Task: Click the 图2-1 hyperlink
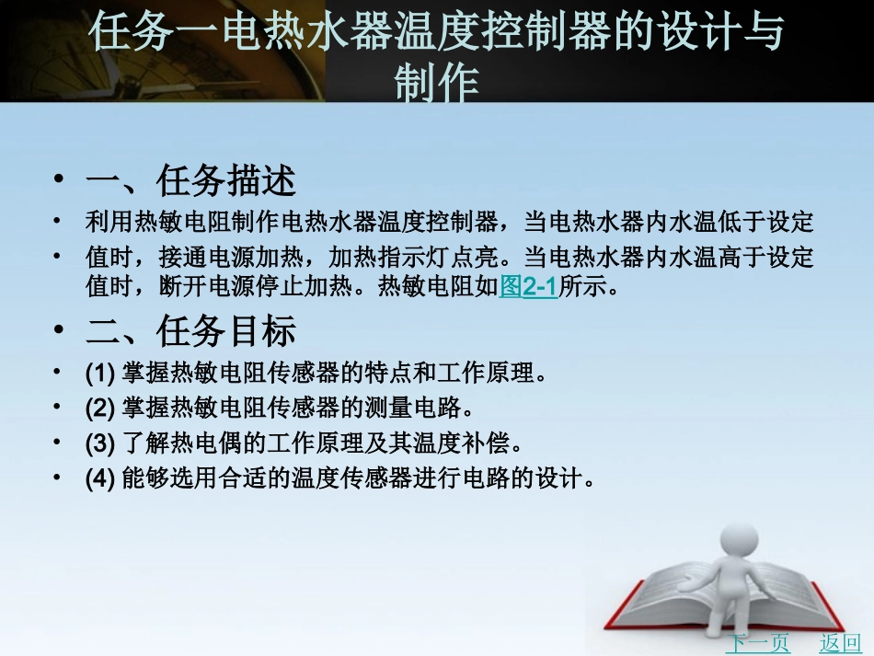[529, 288]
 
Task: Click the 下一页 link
[757, 643]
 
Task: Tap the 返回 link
[840, 643]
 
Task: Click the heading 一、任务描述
[190, 179]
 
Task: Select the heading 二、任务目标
[190, 330]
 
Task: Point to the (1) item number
[98, 374]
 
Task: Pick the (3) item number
[98, 443]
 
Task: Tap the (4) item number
[98, 478]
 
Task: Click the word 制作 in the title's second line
[437, 85]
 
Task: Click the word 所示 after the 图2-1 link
[577, 288]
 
